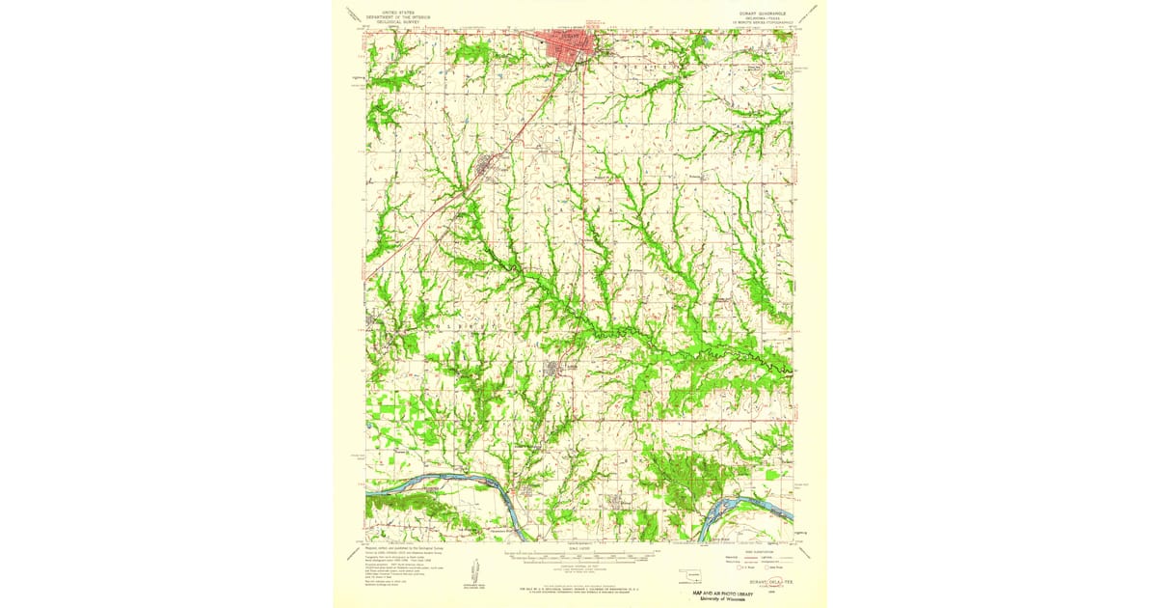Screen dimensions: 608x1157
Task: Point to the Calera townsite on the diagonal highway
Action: (486, 172)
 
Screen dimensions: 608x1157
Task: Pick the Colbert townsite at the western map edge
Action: (372, 323)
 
